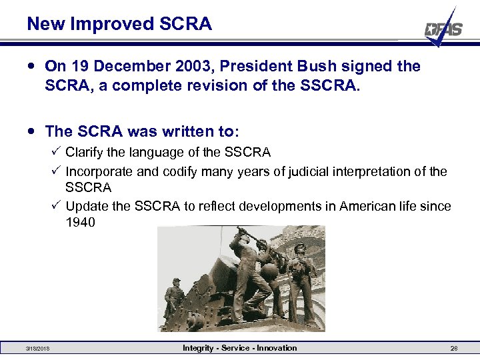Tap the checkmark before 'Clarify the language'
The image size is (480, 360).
pyautogui.click(x=56, y=152)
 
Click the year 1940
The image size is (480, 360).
pyautogui.click(x=81, y=223)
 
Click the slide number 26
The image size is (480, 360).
pyautogui.click(x=454, y=349)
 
